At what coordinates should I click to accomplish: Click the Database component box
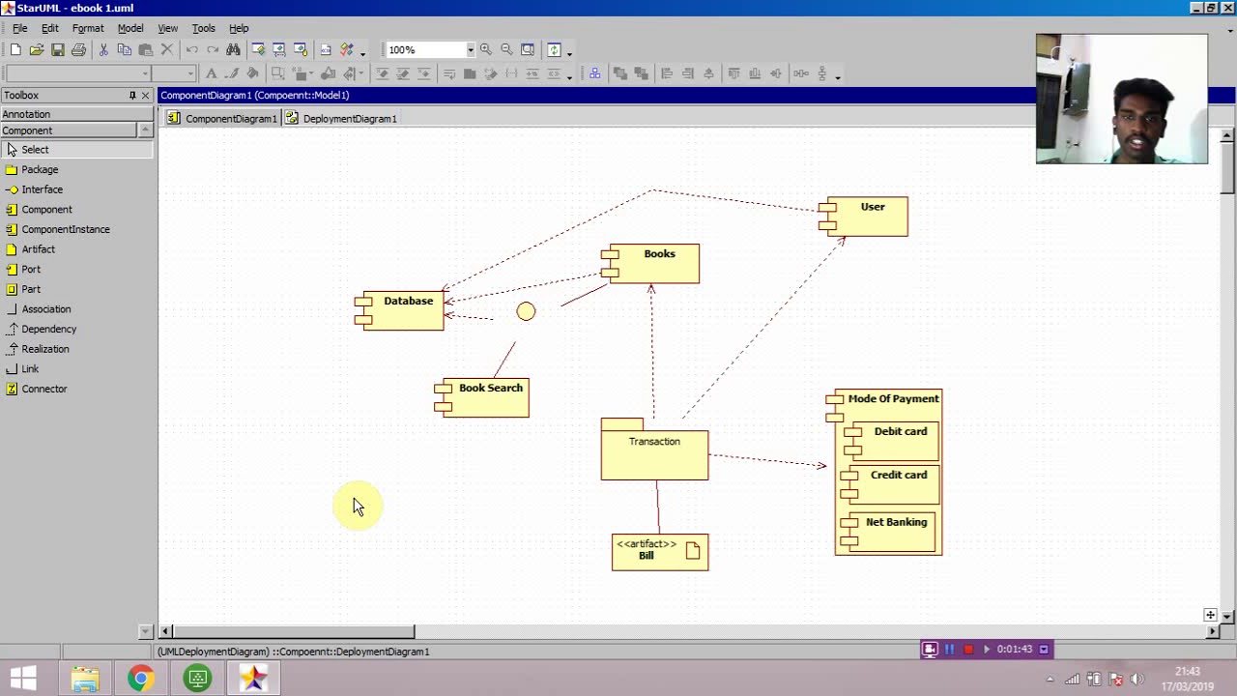[x=405, y=311]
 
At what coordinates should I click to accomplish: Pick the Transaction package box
[x=654, y=454]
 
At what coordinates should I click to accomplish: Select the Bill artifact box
[x=659, y=552]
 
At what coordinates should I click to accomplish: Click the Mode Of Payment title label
[x=893, y=398]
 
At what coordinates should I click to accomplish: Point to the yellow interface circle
[x=526, y=311]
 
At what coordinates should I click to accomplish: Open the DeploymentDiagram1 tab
[x=349, y=119]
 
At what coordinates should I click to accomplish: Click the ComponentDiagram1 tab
[x=230, y=119]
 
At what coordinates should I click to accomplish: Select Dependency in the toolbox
[x=48, y=329]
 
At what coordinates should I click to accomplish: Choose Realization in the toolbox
[x=44, y=349]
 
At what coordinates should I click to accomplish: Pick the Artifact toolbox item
[x=38, y=249]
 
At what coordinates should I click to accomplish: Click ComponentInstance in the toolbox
[x=65, y=229]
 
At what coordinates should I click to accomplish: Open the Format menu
[x=88, y=28]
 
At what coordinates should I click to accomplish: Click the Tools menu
[x=203, y=28]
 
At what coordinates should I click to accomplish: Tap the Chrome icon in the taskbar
[x=141, y=679]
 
